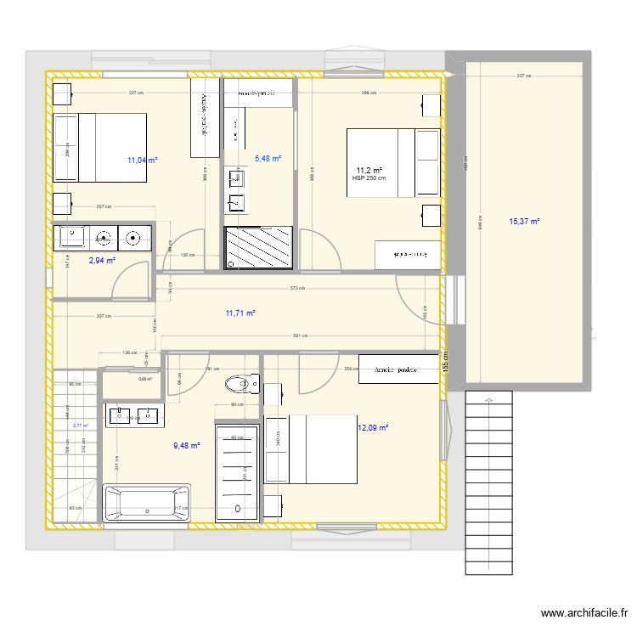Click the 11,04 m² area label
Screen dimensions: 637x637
143,159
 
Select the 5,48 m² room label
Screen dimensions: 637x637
268,158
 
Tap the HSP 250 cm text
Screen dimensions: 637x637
369,178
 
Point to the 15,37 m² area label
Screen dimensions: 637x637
525,222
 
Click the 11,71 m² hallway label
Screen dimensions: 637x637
240,313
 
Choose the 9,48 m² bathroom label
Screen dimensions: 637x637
186,445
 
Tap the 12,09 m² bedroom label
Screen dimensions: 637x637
373,428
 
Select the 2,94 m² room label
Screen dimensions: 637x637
102,261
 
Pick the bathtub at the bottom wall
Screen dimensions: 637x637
146,502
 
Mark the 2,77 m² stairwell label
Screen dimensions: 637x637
81,426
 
